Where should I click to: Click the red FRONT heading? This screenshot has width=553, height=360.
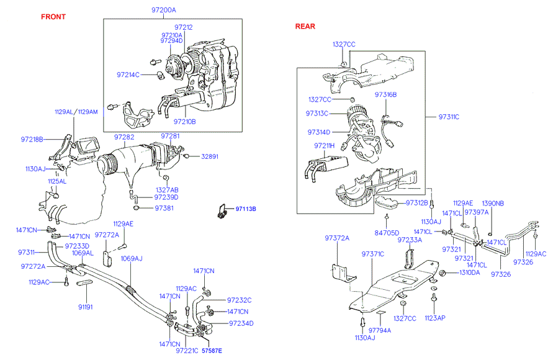(x=53, y=17)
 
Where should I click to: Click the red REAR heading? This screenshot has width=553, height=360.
(x=305, y=26)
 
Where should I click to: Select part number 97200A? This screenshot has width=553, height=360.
(x=164, y=11)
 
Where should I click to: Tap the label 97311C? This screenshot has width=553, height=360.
(x=449, y=117)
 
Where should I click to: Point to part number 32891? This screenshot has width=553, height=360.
(x=210, y=156)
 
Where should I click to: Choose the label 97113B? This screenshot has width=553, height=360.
(x=246, y=209)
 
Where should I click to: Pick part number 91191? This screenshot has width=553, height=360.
(x=86, y=307)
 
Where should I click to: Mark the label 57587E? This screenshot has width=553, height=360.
(x=210, y=351)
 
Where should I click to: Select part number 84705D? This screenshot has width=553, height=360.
(x=387, y=233)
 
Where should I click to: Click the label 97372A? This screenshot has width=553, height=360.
(x=337, y=238)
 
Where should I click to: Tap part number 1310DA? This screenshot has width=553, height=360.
(x=469, y=272)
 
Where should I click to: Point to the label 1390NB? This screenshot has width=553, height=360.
(x=493, y=203)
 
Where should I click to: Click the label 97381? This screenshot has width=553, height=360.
(x=165, y=208)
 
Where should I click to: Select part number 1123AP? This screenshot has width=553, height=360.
(x=434, y=318)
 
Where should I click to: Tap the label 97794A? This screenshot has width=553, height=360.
(x=380, y=330)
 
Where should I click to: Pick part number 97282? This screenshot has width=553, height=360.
(x=124, y=136)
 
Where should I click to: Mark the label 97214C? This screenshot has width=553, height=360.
(x=128, y=74)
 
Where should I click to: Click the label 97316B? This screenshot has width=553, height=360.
(x=385, y=95)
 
